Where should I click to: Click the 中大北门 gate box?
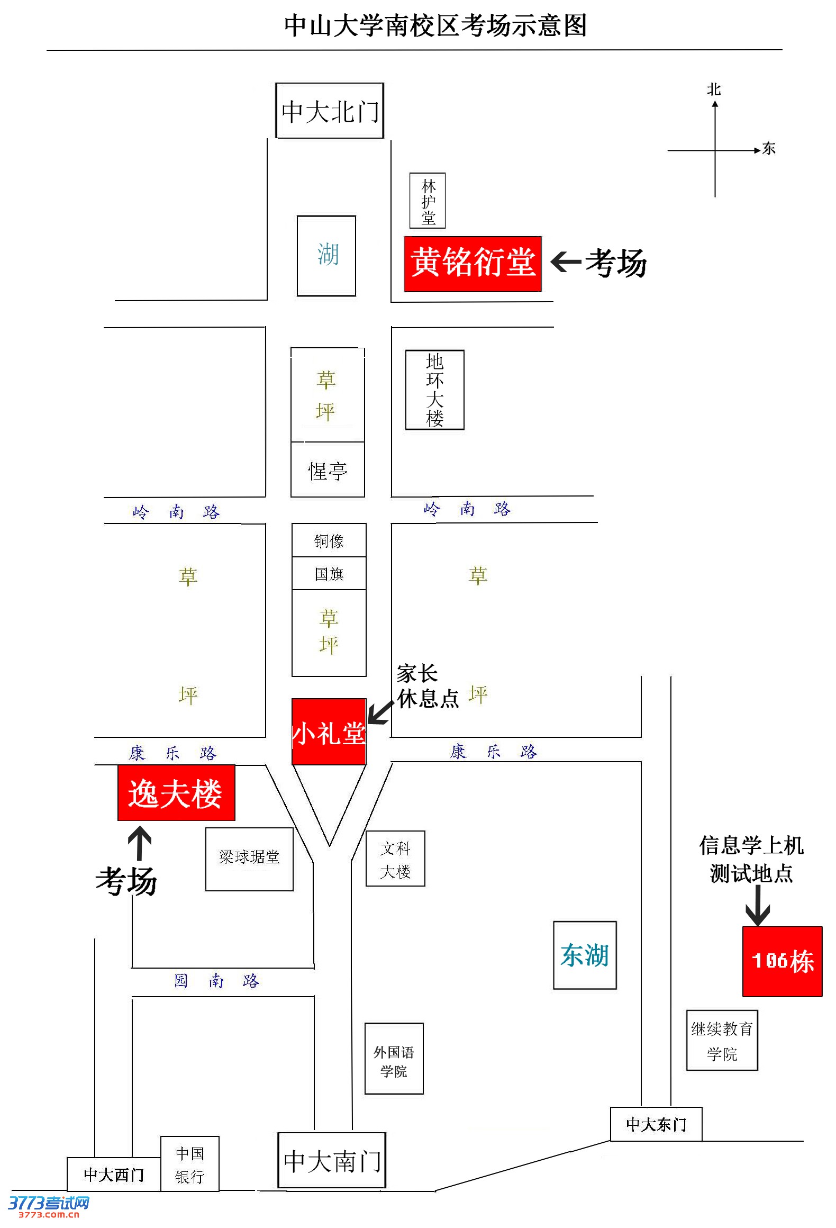(x=329, y=111)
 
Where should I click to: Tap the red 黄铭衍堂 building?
(x=472, y=264)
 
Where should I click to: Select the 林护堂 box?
(x=428, y=201)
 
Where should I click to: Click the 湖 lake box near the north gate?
(x=326, y=256)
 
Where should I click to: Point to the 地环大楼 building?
(x=434, y=390)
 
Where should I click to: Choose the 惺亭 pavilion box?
(x=328, y=470)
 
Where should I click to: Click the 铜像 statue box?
(x=329, y=540)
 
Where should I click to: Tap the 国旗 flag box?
(x=329, y=574)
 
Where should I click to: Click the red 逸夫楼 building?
(x=176, y=793)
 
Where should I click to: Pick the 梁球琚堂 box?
(x=249, y=859)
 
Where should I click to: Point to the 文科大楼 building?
(x=395, y=859)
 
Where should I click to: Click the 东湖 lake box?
(x=585, y=955)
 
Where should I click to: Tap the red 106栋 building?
(x=782, y=961)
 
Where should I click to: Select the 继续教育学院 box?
(x=722, y=1041)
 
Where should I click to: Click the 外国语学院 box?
(x=394, y=1059)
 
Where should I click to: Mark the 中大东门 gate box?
(x=656, y=1124)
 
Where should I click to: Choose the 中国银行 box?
(x=189, y=1164)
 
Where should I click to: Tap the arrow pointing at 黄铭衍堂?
(x=566, y=261)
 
